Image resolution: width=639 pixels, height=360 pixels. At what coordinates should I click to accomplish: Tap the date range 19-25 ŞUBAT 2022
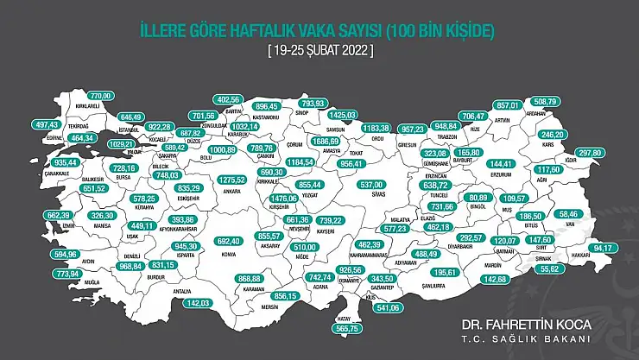point(319,51)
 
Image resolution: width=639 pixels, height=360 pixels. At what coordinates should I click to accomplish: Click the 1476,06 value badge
point(283,198)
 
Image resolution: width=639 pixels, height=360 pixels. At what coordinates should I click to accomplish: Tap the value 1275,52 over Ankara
point(233,180)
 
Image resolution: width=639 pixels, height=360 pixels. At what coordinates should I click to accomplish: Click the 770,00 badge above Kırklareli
point(102,95)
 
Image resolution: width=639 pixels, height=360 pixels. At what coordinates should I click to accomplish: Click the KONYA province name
point(228,254)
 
